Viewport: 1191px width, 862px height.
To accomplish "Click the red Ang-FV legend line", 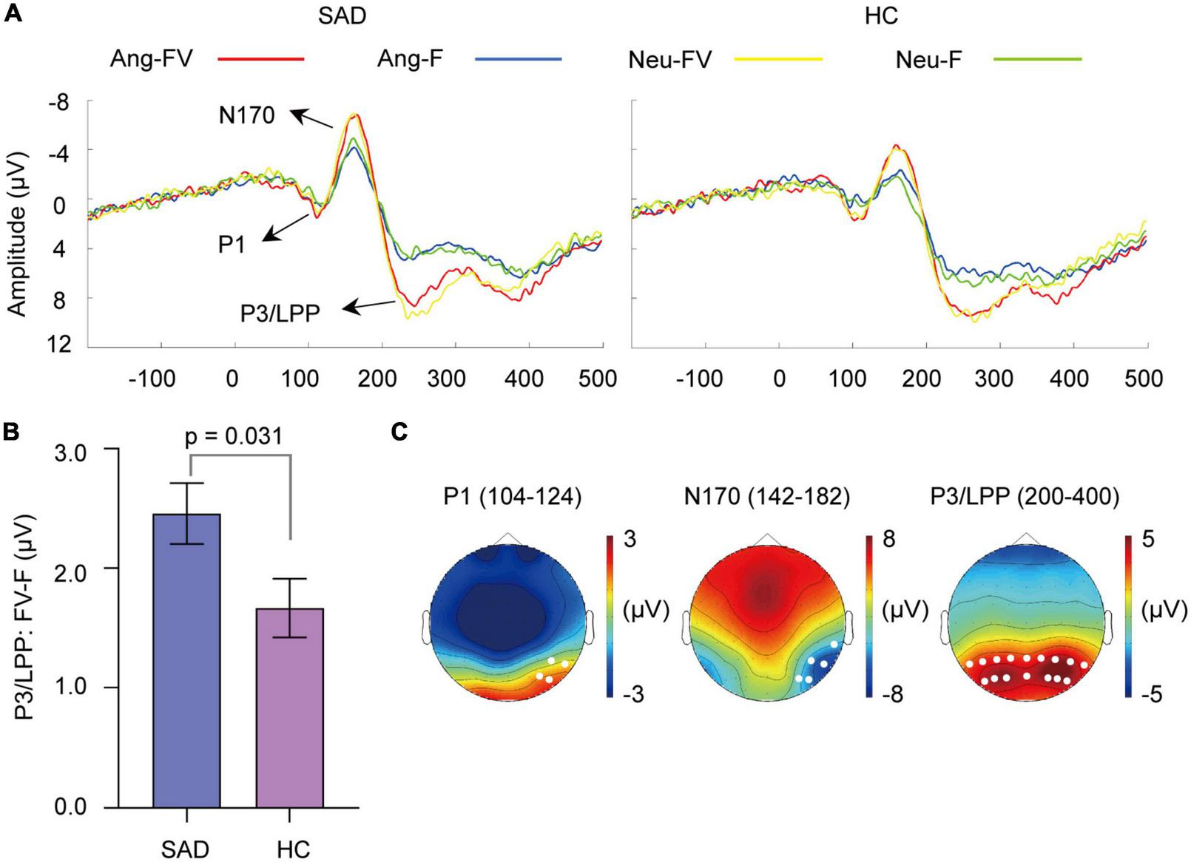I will point(260,58).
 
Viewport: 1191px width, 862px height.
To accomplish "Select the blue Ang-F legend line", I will point(518,58).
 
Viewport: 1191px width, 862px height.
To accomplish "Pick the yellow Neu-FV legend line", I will point(778,58).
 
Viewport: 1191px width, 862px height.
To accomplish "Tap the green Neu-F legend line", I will point(1037,58).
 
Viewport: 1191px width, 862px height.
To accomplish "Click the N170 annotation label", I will point(246,115).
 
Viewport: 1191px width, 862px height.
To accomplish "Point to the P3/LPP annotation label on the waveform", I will point(280,314).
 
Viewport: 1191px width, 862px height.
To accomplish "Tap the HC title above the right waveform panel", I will point(881,16).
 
